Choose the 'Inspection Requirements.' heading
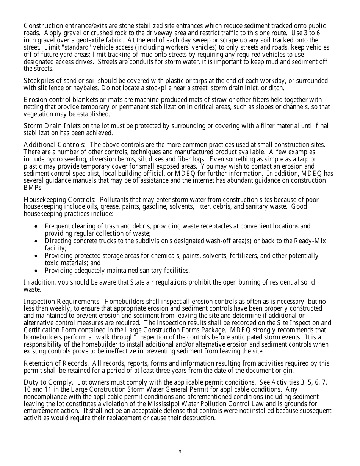coord(62,302)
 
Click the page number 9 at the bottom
coord(180,452)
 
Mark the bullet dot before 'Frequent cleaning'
coord(36,227)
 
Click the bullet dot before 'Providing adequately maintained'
coord(36,271)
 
